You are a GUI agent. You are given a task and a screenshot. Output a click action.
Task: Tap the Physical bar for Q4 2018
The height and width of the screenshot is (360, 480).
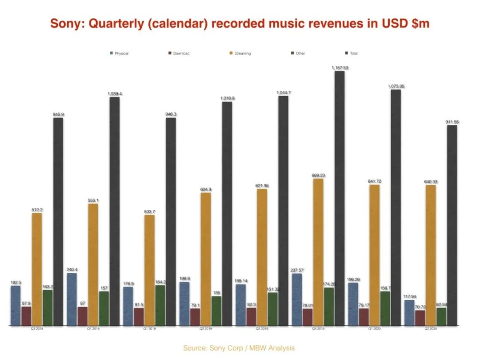click(x=72, y=300)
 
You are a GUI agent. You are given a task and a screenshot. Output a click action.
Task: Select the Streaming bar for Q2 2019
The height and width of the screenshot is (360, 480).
click(x=205, y=260)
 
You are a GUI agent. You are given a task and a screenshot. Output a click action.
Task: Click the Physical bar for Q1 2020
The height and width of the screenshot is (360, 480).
click(x=353, y=304)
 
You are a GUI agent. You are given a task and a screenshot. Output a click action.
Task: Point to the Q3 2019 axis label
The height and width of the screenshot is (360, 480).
click(x=261, y=329)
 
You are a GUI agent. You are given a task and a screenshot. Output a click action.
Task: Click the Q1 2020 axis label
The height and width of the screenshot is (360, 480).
click(x=374, y=329)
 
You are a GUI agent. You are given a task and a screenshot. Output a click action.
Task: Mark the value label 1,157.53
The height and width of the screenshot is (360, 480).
click(x=340, y=68)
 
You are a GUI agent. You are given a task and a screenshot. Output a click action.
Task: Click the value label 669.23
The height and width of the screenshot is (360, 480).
click(x=318, y=176)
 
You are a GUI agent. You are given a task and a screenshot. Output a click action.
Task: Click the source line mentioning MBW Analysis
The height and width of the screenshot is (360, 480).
click(x=239, y=348)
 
